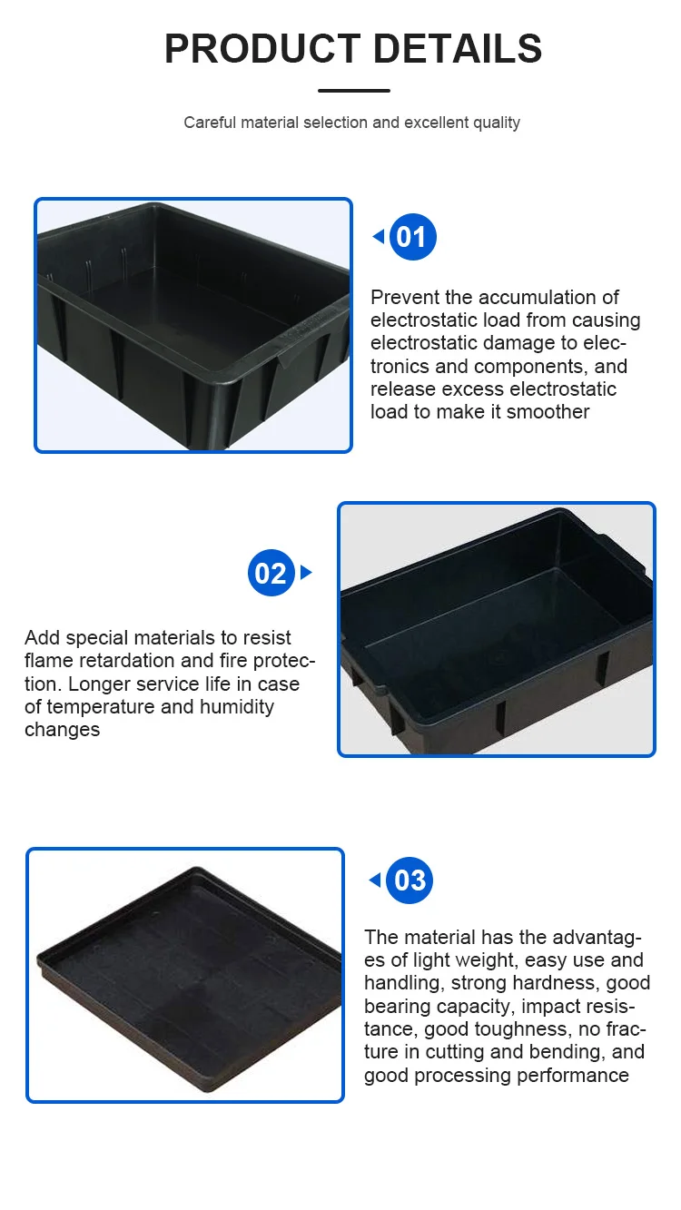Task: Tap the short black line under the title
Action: (x=354, y=91)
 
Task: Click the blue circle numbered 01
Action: (x=413, y=237)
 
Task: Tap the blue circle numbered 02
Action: (x=271, y=573)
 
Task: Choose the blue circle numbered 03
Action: (x=410, y=880)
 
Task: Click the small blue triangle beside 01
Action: (x=378, y=237)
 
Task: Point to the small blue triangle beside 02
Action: (x=306, y=573)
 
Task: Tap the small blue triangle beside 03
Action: (x=374, y=880)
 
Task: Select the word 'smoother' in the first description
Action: (x=548, y=412)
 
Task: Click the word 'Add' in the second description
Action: (x=42, y=638)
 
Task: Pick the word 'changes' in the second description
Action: (x=62, y=730)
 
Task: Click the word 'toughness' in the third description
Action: (x=489, y=1029)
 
